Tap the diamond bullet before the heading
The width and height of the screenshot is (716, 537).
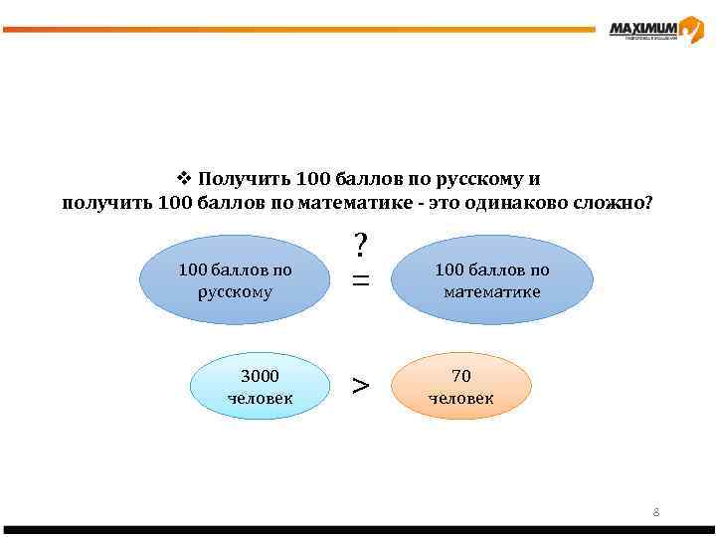click(x=183, y=179)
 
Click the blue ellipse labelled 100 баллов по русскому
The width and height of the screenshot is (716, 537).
click(x=235, y=280)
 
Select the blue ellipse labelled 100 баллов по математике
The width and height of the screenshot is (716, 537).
click(x=492, y=280)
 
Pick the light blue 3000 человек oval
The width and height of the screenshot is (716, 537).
click(x=260, y=387)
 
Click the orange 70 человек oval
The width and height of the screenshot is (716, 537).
click(x=461, y=387)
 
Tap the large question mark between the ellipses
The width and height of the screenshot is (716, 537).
click(x=361, y=245)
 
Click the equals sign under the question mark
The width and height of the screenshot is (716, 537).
click(x=361, y=281)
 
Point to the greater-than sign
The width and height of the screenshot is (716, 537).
click(x=361, y=385)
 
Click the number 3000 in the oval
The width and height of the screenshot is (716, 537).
click(x=260, y=376)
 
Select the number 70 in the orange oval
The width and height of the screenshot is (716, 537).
click(x=461, y=376)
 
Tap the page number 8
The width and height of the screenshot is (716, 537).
click(x=656, y=512)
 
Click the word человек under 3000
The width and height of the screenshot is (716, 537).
click(x=260, y=398)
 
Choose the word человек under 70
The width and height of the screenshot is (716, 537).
click(x=461, y=398)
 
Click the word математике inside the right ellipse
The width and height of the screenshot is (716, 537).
click(x=492, y=291)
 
